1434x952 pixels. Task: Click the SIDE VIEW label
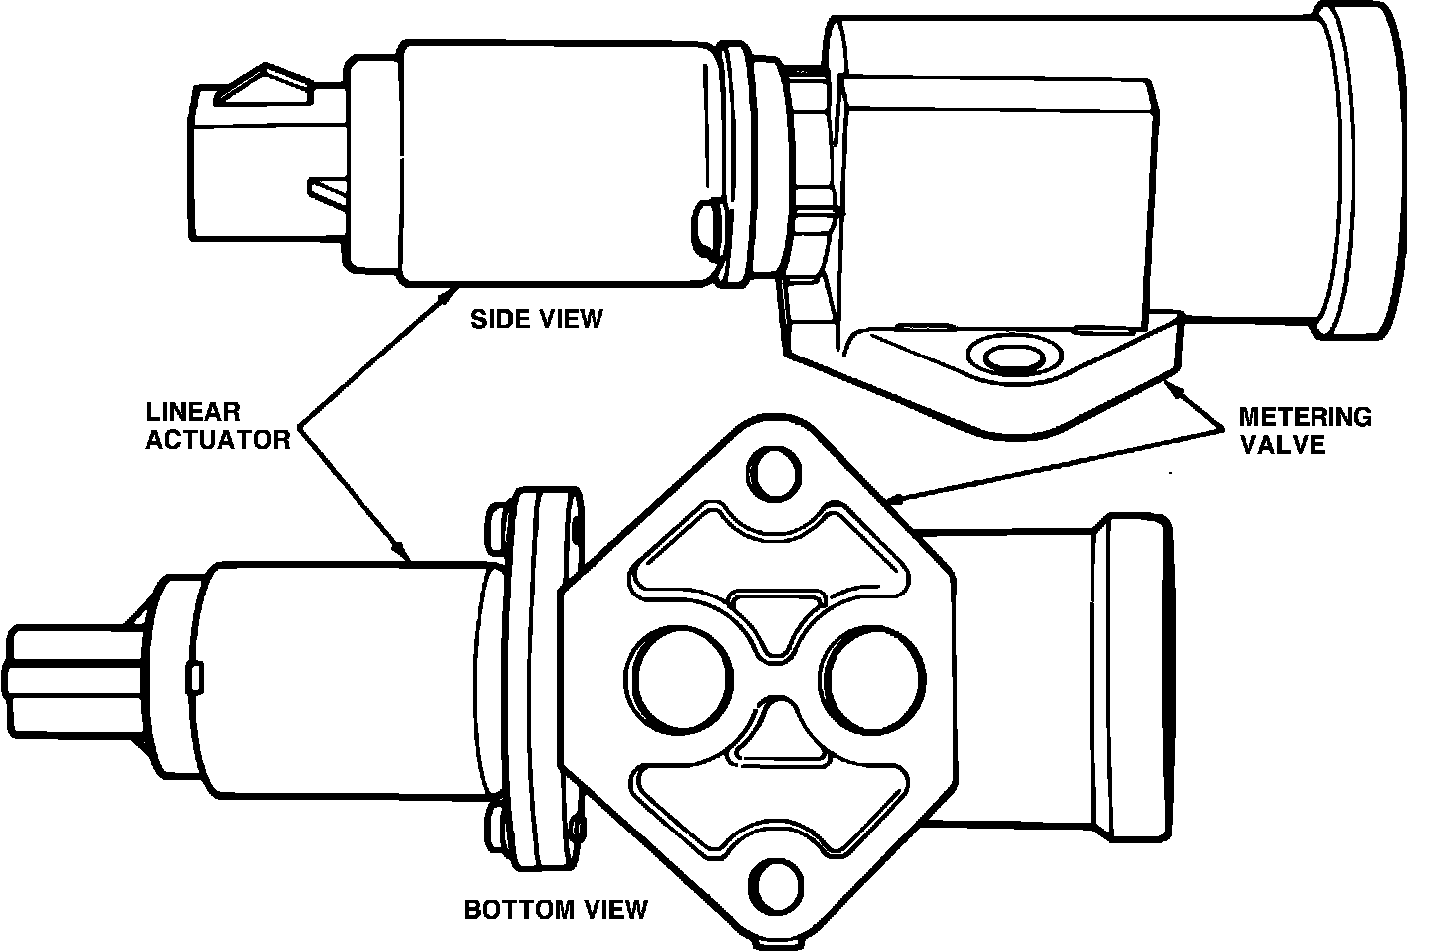tap(537, 319)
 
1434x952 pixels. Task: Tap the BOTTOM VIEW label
tap(556, 908)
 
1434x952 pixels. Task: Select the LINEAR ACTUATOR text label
tap(218, 425)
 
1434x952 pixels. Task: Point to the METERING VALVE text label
tap(1304, 430)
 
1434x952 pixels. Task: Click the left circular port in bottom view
tap(684, 681)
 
